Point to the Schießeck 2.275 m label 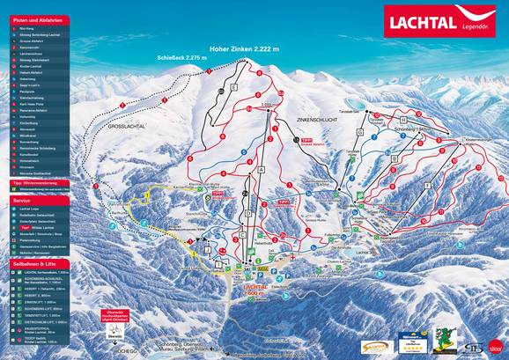(181, 57)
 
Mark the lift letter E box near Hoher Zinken (234, 89)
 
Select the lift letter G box (360, 130)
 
